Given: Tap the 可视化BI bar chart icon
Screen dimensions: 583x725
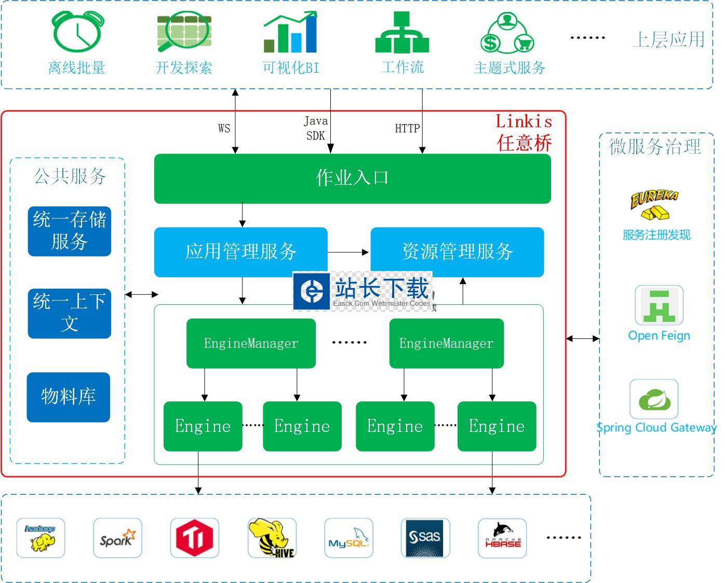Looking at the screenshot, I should (290, 33).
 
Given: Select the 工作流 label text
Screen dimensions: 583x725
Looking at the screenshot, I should (402, 67).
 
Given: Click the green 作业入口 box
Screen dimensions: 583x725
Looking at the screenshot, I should (352, 178).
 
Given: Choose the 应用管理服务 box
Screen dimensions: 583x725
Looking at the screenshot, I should (240, 252).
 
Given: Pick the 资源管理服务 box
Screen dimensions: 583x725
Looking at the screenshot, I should (457, 252).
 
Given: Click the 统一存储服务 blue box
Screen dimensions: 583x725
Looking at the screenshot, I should (69, 231).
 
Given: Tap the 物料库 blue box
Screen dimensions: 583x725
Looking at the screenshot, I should (69, 397).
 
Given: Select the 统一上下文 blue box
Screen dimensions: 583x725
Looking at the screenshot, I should (69, 313).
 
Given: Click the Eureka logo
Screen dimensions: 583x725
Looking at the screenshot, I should (654, 205).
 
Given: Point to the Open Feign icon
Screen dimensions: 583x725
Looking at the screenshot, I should (659, 305).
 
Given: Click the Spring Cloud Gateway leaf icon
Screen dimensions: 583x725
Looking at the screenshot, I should (654, 399).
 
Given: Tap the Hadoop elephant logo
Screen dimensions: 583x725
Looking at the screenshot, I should (41, 538).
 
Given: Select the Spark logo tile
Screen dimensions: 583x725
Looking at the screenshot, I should (117, 538).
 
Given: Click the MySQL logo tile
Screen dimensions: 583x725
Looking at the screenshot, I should (348, 538).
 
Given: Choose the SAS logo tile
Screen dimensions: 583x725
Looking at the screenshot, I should (425, 538).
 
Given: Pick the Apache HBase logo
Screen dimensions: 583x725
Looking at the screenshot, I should (502, 538).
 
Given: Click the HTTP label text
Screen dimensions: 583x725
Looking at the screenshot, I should (407, 128).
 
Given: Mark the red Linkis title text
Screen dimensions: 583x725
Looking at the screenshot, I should (523, 121).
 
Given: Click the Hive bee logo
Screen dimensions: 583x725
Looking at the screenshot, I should (272, 538).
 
